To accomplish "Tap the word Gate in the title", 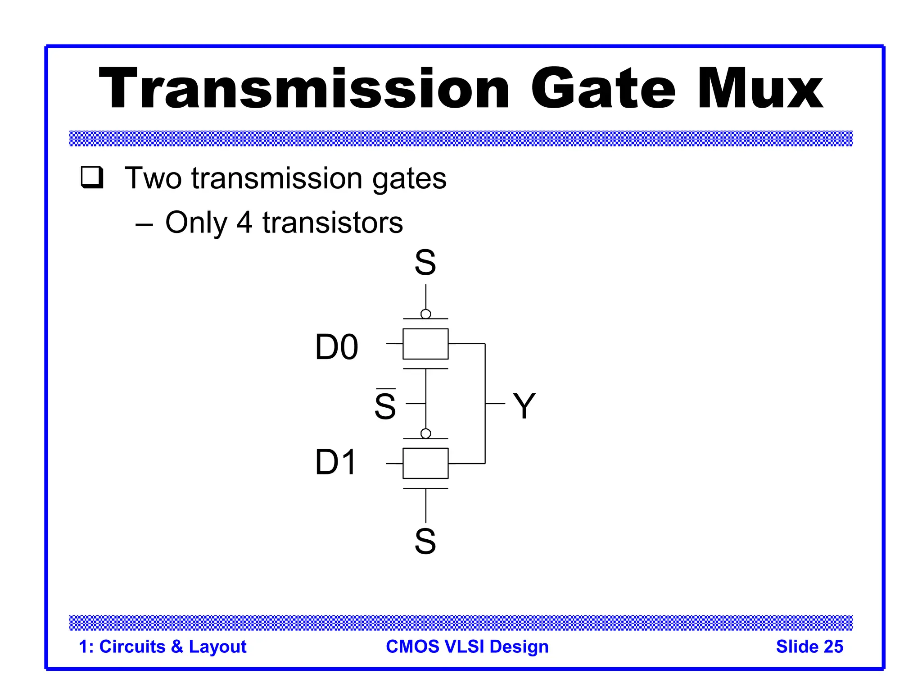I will pyautogui.click(x=603, y=89).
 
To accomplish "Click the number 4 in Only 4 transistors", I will pyautogui.click(x=244, y=223).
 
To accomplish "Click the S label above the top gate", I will pyautogui.click(x=425, y=263).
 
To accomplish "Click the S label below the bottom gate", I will pyautogui.click(x=425, y=541).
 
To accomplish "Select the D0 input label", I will pyautogui.click(x=336, y=347).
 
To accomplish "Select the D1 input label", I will pyautogui.click(x=335, y=462).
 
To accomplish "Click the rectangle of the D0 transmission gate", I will pyautogui.click(x=425, y=344).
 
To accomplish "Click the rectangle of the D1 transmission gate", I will pyautogui.click(x=425, y=463).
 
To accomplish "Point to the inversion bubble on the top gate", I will pyautogui.click(x=425, y=314).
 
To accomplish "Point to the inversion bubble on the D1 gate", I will pyautogui.click(x=425, y=433).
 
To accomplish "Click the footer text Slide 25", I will pyautogui.click(x=809, y=646).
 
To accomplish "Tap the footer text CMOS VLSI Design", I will pyautogui.click(x=467, y=646).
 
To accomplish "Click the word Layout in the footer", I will pyautogui.click(x=217, y=646).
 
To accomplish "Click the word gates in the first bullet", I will pyautogui.click(x=409, y=178).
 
